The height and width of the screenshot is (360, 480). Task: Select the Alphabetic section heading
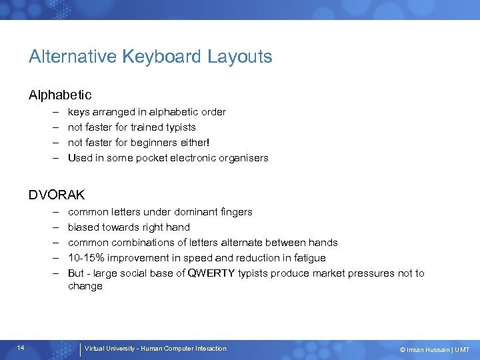coord(60,95)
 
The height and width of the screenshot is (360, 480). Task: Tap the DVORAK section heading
coord(57,195)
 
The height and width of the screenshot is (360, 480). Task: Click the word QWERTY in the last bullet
coord(212,273)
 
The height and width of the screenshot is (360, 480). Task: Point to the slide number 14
coord(21,348)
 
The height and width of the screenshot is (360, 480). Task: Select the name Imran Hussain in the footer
coord(427,349)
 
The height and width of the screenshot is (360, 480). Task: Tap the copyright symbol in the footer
coord(402,349)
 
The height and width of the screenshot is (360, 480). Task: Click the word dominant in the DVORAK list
coord(191,211)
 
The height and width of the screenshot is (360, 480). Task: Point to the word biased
coord(84,227)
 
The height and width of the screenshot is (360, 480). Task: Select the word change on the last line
coord(85,286)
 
